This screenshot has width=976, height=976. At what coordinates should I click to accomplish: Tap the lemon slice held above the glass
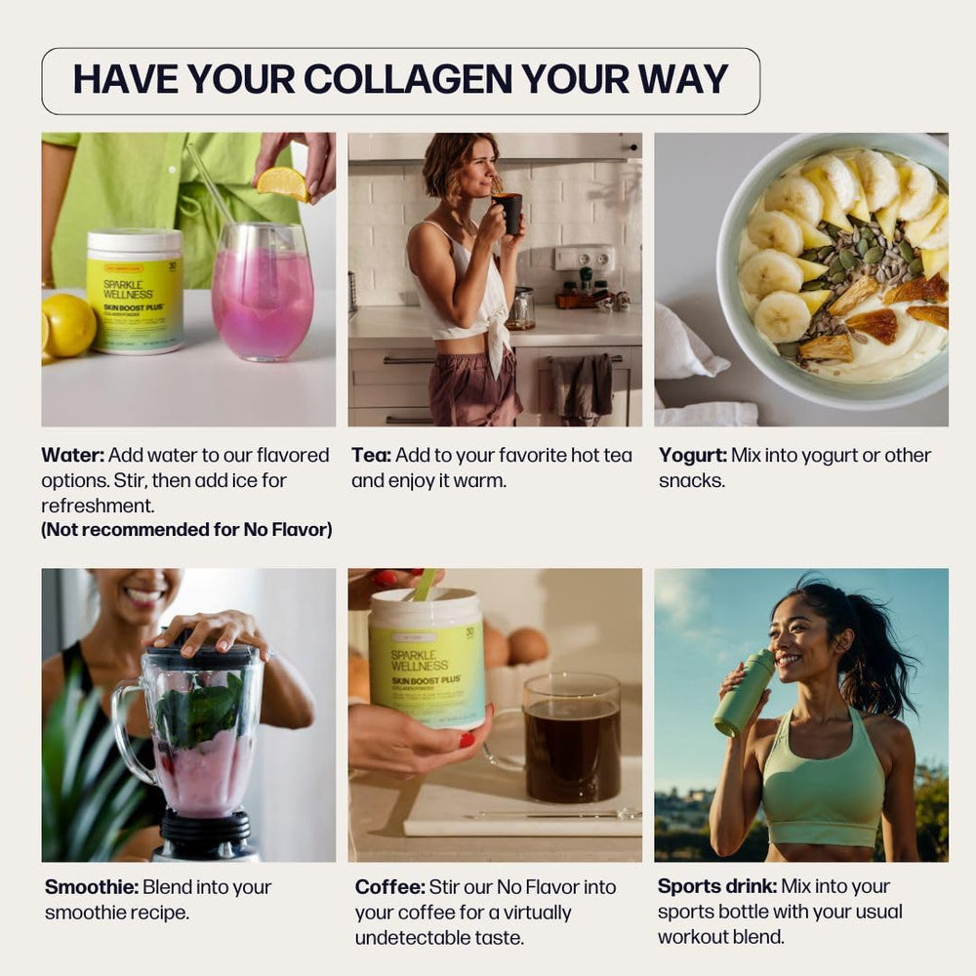point(283,183)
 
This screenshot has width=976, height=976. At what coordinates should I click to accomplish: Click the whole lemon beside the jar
point(68,324)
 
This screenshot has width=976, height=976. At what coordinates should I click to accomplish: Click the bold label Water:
point(73,455)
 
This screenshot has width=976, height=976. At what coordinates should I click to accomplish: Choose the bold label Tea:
point(372,455)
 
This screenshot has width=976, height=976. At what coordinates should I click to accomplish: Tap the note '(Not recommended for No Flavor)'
point(186,530)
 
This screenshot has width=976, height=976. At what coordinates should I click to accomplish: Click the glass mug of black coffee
point(571,740)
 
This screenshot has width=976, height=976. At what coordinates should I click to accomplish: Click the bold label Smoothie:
point(92,887)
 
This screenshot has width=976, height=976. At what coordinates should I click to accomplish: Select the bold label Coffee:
point(389,887)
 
